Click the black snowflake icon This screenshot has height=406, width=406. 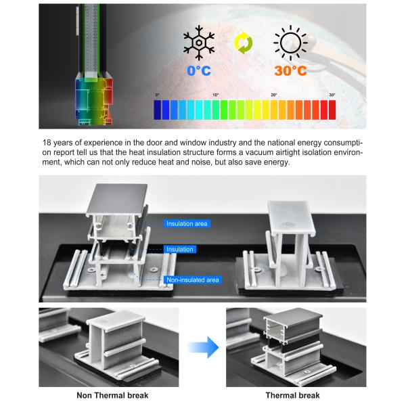coord(198,43)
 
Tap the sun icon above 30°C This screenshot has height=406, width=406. coord(290,43)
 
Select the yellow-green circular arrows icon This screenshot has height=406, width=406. coord(244,43)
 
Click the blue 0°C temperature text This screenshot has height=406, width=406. coord(199,70)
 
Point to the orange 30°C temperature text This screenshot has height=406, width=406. coord(290,70)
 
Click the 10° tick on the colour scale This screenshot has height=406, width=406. coord(215,95)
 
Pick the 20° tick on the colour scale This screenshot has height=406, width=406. coord(273,95)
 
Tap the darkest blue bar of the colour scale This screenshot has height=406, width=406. coord(157,110)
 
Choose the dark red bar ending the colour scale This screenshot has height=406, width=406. coord(332,110)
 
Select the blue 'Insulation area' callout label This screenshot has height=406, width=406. coord(187,224)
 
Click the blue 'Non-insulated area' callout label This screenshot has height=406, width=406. coord(193,280)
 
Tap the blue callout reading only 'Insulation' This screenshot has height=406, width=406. coord(180,249)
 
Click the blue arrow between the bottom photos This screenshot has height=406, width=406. coord(204,347)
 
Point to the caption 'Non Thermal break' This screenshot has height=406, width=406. coord(112,395)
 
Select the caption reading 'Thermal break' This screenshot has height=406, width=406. coord(292,395)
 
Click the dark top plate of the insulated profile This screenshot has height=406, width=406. coord(117,198)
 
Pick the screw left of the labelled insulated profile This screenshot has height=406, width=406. coord(91,270)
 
